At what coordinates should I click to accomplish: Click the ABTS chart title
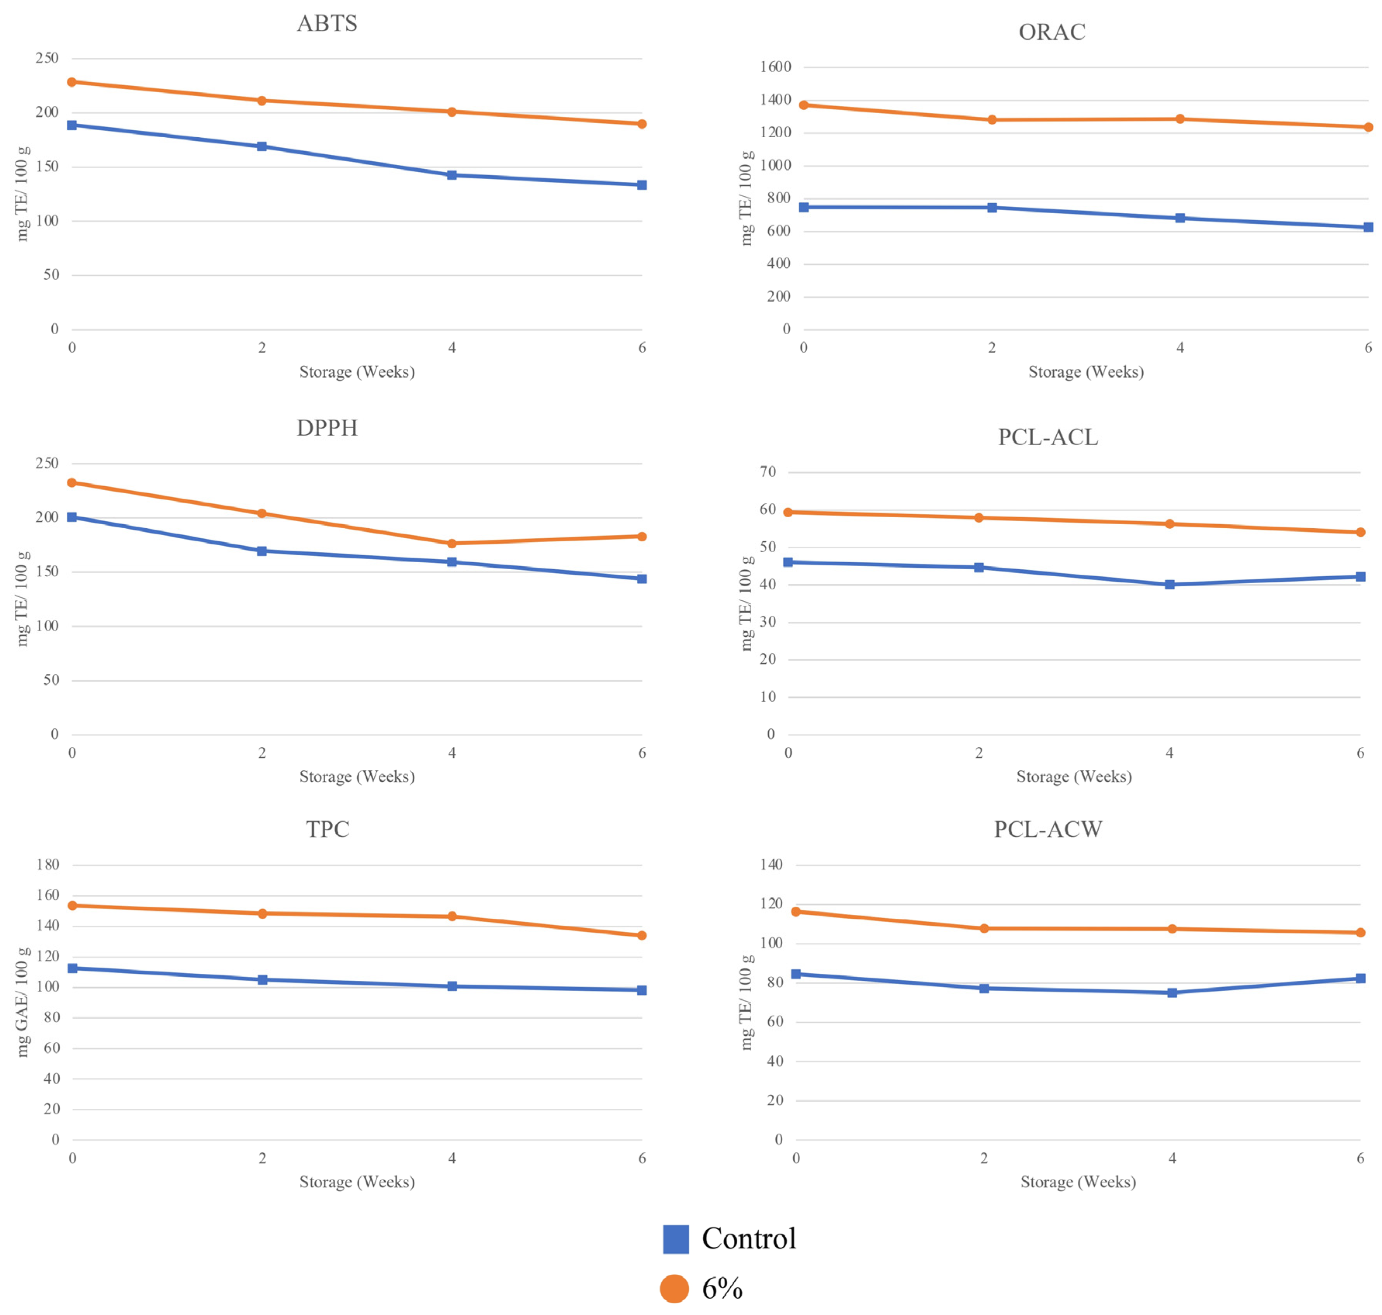[327, 23]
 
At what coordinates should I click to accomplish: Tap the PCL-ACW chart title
[1048, 829]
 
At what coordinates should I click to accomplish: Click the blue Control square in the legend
[676, 1239]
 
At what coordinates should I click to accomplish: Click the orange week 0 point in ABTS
[71, 82]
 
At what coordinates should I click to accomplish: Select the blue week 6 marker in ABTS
[642, 185]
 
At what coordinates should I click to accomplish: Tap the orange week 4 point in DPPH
[452, 543]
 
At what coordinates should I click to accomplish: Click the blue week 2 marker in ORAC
[992, 207]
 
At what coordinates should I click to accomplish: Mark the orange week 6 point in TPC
[642, 935]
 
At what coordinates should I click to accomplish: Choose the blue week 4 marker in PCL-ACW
[1172, 993]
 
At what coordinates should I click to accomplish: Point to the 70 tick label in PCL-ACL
[768, 472]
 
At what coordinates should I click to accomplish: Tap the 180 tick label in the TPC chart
[48, 864]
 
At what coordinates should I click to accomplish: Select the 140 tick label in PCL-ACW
[771, 864]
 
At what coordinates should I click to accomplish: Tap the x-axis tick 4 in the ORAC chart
[1180, 348]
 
